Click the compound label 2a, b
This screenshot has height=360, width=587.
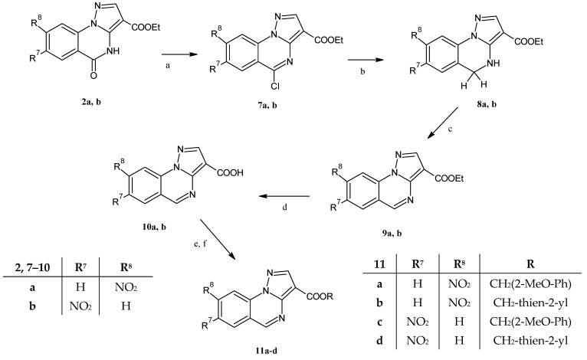pyautogui.click(x=91, y=102)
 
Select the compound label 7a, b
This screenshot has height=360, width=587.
pyautogui.click(x=267, y=106)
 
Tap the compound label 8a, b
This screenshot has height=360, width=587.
pyautogui.click(x=487, y=104)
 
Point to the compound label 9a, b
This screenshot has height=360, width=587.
pyautogui.click(x=392, y=234)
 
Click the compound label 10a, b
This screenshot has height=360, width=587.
pyautogui.click(x=152, y=227)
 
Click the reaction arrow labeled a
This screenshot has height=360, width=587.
pyautogui.click(x=179, y=54)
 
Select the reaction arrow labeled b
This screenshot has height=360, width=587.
pyautogui.click(x=366, y=60)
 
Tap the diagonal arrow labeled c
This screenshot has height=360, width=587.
pyautogui.click(x=442, y=123)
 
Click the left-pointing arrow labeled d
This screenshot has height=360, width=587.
pyautogui.click(x=284, y=196)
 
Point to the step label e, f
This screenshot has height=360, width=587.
pyautogui.click(x=200, y=244)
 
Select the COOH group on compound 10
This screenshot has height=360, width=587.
pyautogui.click(x=229, y=172)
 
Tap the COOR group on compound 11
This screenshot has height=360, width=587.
pyautogui.click(x=320, y=296)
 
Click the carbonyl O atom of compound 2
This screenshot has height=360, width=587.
pyautogui.click(x=93, y=76)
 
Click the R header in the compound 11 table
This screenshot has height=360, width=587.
pyautogui.click(x=530, y=264)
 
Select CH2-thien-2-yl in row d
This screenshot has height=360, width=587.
pyautogui.click(x=530, y=341)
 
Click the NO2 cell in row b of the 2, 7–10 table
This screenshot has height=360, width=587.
pyautogui.click(x=80, y=306)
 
